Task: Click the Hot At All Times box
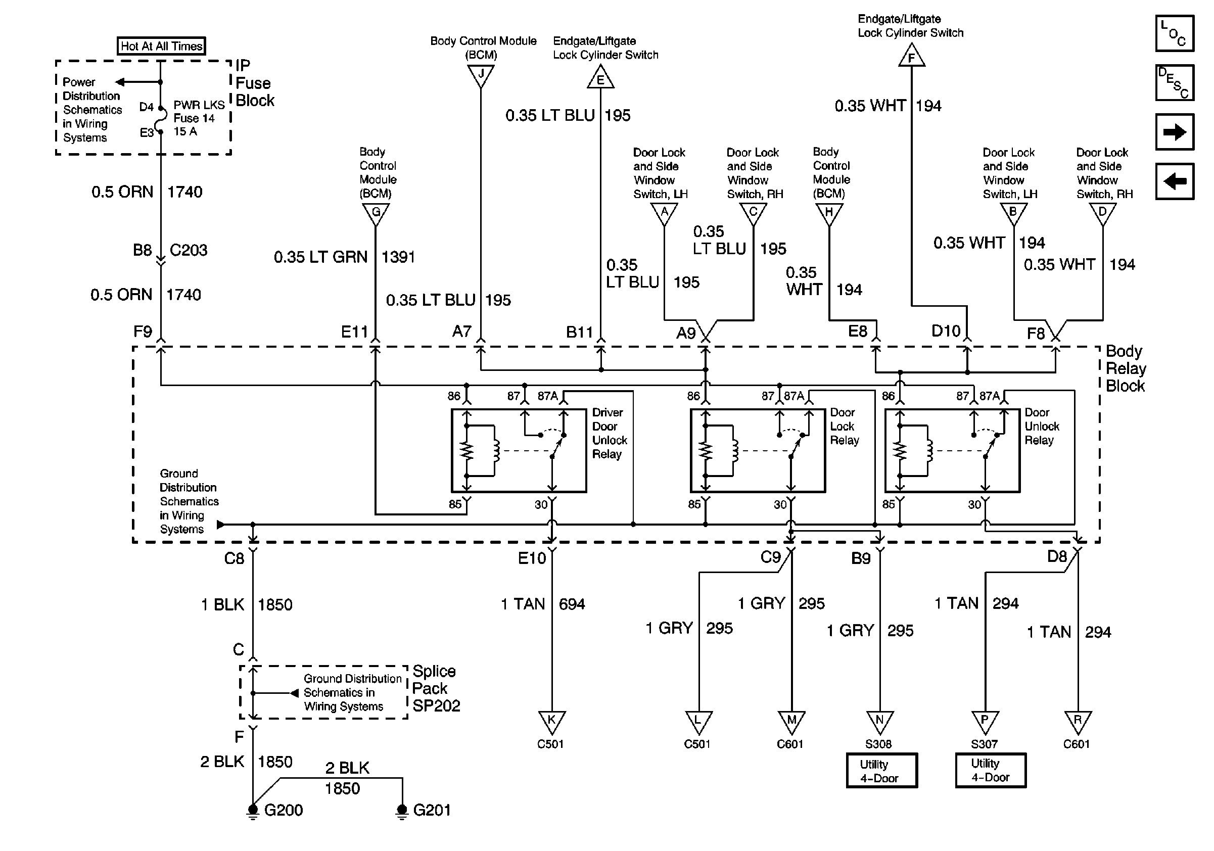pos(161,46)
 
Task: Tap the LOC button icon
pos(1175,33)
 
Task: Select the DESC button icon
pos(1175,82)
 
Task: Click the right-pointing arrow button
pos(1175,131)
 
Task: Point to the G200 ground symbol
pos(253,810)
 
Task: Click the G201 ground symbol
pos(402,810)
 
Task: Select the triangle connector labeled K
pos(551,722)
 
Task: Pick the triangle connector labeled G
pos(376,214)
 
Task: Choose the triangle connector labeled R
pos(1078,722)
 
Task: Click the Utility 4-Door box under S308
pos(881,771)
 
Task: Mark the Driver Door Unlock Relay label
pos(609,433)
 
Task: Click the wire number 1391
pos(398,257)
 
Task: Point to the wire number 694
pos(572,604)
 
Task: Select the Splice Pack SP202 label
pos(436,688)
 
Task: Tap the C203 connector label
pos(188,250)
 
